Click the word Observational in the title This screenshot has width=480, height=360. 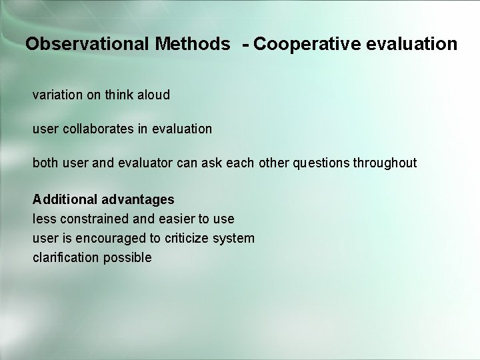(87, 45)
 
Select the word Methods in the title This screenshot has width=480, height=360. (193, 45)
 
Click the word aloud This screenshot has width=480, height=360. (153, 95)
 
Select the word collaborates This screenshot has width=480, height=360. (99, 129)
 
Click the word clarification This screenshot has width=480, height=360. (65, 257)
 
